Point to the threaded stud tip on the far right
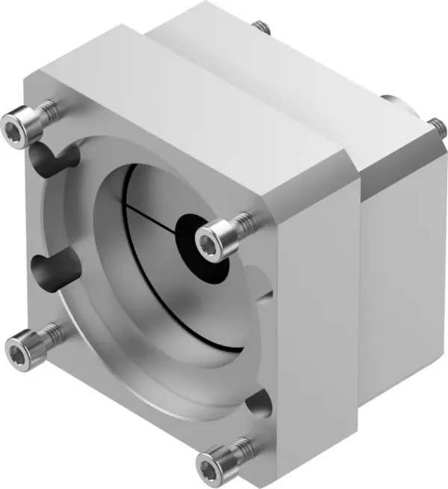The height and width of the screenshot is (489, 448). (x=432, y=125)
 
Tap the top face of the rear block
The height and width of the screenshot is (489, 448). (x=291, y=63)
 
